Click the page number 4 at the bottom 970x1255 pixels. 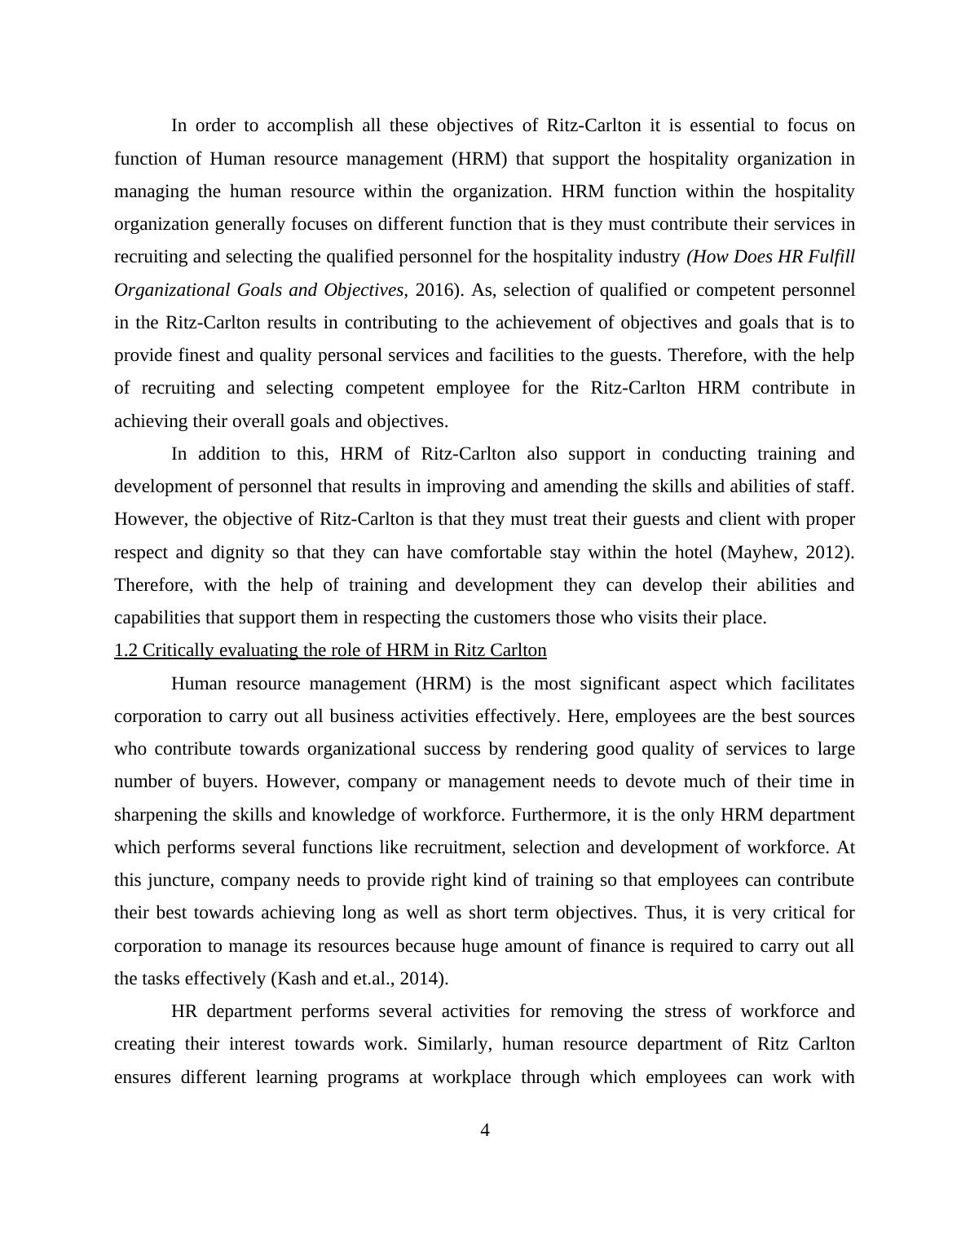tap(485, 1130)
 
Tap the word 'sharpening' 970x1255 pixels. tap(155, 815)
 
